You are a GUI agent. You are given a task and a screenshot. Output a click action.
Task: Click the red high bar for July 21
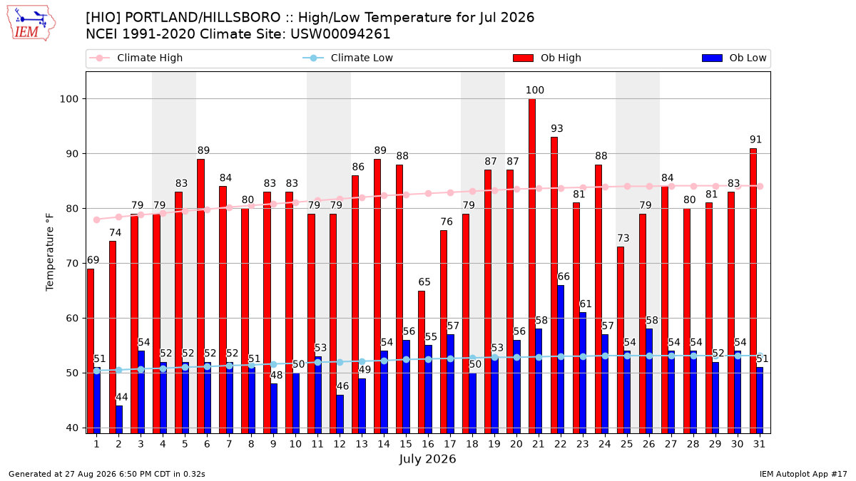click(x=532, y=266)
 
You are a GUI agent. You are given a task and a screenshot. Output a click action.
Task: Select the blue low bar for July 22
click(x=561, y=359)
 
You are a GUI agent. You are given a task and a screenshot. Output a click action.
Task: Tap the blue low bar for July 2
click(x=119, y=420)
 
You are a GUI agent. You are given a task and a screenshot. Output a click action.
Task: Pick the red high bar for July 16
click(x=422, y=362)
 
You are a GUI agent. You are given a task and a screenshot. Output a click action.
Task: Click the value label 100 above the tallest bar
click(x=534, y=90)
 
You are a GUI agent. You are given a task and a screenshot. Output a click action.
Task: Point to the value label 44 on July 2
click(x=121, y=397)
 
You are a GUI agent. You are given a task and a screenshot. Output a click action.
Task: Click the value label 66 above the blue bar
click(x=564, y=276)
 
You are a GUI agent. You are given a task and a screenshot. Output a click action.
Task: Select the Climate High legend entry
click(x=136, y=58)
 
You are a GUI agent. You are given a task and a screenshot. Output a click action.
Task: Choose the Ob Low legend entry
click(x=734, y=58)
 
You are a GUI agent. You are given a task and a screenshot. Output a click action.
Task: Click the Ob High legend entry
click(x=547, y=58)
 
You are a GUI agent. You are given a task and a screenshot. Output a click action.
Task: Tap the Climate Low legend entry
click(x=348, y=58)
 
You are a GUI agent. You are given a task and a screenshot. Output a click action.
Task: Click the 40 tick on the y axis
click(x=72, y=428)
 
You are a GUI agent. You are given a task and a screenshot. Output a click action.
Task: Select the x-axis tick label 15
click(x=406, y=444)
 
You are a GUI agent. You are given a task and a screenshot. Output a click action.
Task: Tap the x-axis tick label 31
click(x=759, y=444)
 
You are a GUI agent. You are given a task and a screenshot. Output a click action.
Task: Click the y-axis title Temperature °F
click(x=50, y=252)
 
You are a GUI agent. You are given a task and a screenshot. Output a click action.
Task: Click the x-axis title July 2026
click(x=427, y=459)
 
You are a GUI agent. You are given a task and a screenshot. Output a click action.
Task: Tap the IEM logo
click(x=31, y=24)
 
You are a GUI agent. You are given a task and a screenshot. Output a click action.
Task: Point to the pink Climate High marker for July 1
click(x=97, y=219)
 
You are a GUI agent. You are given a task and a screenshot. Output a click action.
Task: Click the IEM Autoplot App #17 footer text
click(x=803, y=474)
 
